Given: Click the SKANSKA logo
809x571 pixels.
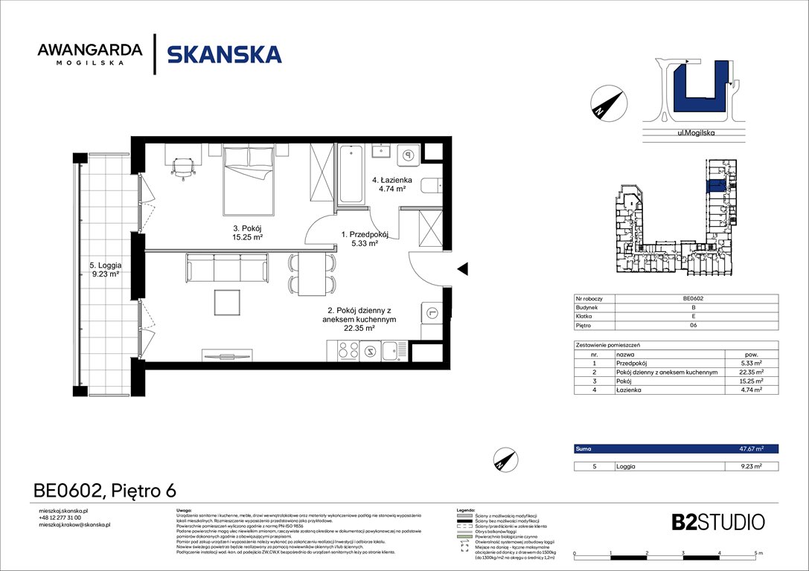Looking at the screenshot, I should coord(224,54).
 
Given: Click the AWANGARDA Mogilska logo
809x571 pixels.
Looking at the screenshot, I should coord(89,54).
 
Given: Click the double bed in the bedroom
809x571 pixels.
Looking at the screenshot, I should coord(249,172).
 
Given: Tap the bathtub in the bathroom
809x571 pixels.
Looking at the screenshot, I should coord(351,174).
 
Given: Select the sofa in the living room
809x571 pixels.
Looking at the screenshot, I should coord(226,268).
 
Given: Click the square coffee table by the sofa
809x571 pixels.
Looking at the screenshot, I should coord(227,302).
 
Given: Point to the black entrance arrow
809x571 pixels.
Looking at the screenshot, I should coord(462,268).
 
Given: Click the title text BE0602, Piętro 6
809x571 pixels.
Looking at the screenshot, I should coord(105,490).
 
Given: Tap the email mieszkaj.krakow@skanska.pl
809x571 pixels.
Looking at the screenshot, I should coord(74,525).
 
